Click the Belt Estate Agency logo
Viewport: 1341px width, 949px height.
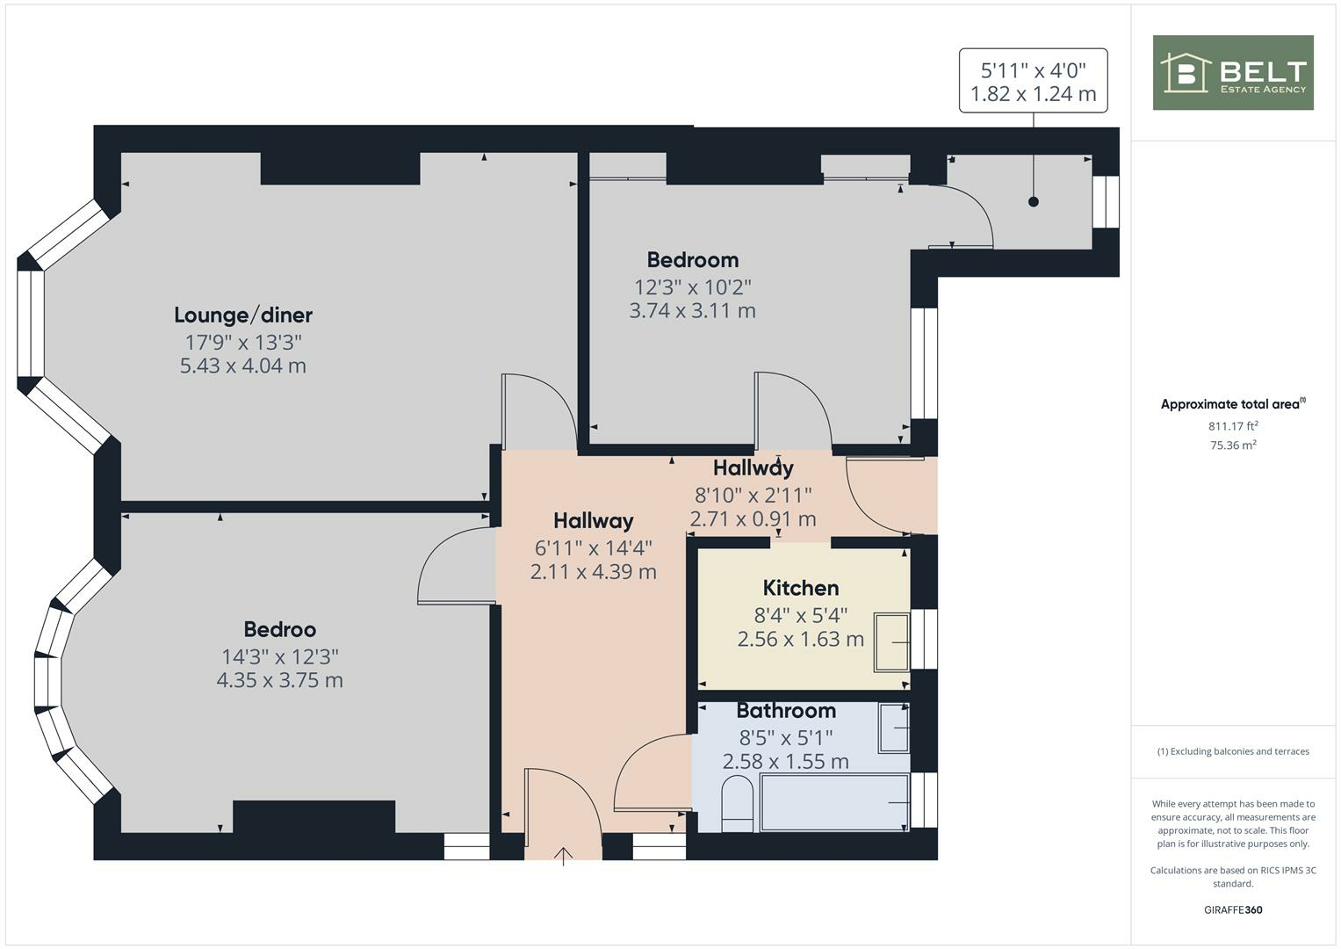pyautogui.click(x=1232, y=73)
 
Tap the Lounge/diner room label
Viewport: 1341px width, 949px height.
pyautogui.click(x=243, y=315)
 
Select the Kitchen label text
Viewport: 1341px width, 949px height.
pyautogui.click(x=800, y=588)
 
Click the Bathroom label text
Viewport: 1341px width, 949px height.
pyautogui.click(x=785, y=710)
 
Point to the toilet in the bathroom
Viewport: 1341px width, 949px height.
pyautogui.click(x=737, y=803)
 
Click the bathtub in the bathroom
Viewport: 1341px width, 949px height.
pyautogui.click(x=834, y=802)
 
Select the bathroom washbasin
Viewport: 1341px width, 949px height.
pyautogui.click(x=894, y=728)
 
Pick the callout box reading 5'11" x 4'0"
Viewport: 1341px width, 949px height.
pyautogui.click(x=1033, y=81)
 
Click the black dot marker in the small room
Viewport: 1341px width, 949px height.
pyautogui.click(x=1033, y=202)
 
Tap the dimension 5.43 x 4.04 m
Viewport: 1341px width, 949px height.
pyautogui.click(x=243, y=366)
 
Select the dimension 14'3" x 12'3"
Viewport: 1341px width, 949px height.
pyautogui.click(x=280, y=656)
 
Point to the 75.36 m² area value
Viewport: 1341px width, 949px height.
pyautogui.click(x=1233, y=445)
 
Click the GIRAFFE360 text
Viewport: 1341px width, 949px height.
pyautogui.click(x=1233, y=909)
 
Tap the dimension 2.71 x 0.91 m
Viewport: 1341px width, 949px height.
pyautogui.click(x=753, y=519)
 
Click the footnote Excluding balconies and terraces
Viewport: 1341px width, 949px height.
pyautogui.click(x=1233, y=751)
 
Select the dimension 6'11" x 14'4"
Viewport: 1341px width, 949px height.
pyautogui.click(x=594, y=548)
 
